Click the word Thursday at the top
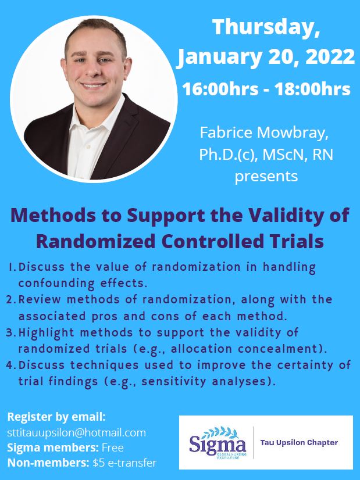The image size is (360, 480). click(266, 28)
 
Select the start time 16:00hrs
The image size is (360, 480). click(220, 89)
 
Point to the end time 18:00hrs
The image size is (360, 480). click(312, 89)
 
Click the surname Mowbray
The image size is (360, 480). click(293, 133)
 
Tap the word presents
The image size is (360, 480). click(266, 177)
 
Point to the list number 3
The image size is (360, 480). click(10, 332)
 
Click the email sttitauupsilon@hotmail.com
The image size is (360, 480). click(76, 432)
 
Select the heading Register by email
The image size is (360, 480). click(56, 417)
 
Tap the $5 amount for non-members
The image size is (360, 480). click(98, 463)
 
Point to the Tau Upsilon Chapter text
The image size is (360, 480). click(299, 443)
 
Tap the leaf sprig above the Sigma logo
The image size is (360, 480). click(220, 432)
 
